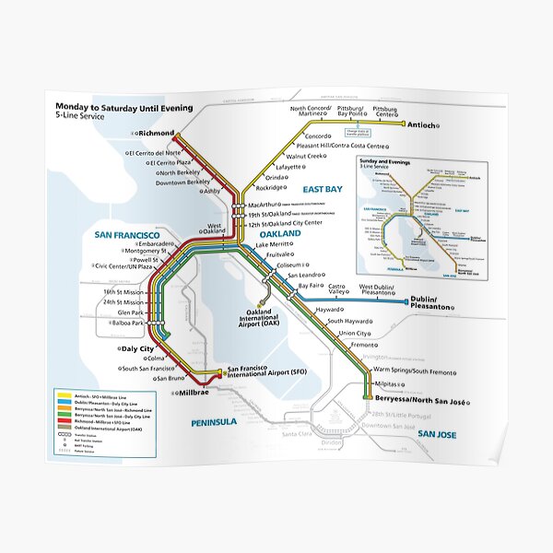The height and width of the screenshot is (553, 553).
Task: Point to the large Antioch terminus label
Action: (425, 124)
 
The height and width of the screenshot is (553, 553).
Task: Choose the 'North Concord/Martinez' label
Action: (311, 112)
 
